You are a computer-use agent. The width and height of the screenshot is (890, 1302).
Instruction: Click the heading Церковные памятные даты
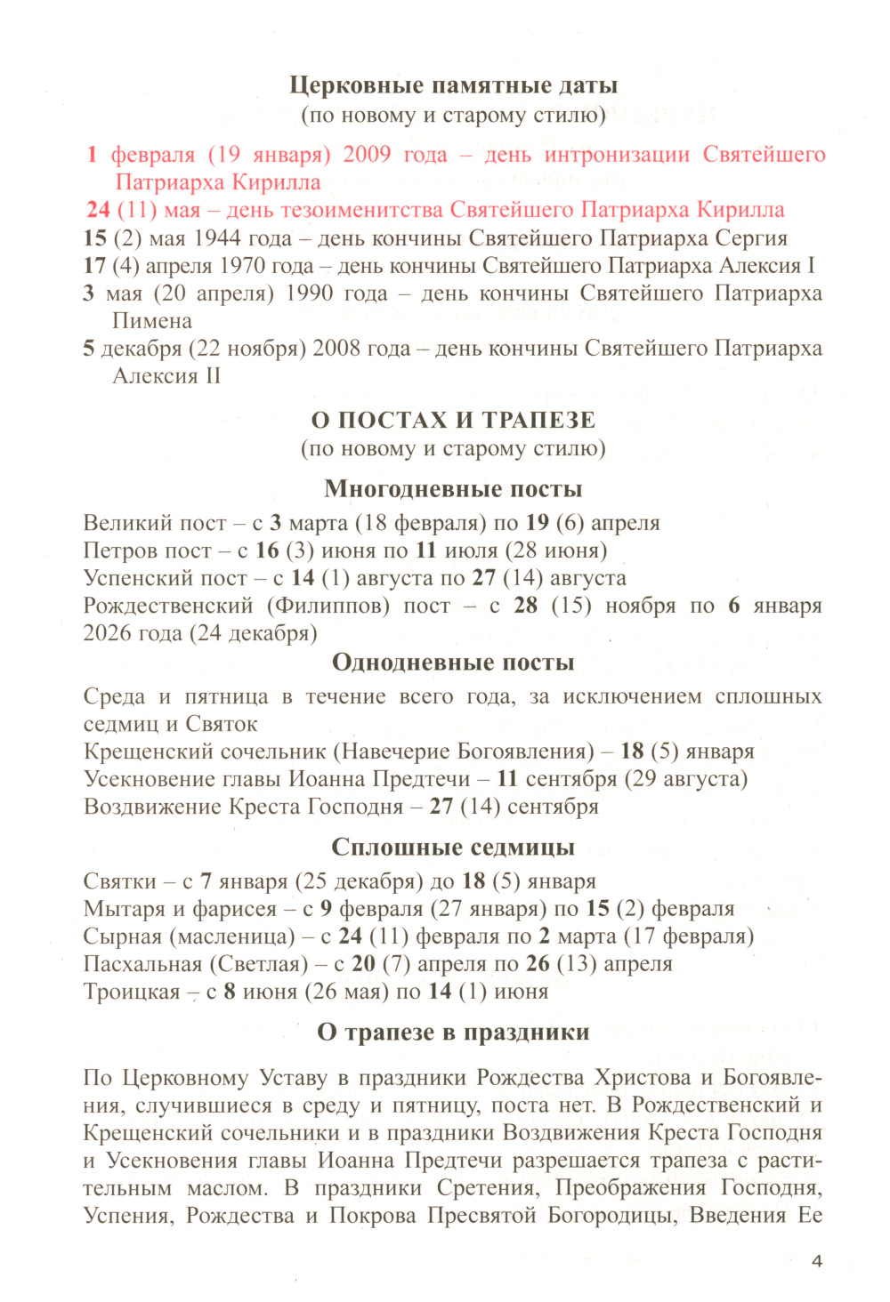point(453,85)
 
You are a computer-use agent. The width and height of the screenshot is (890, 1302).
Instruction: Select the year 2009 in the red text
point(367,155)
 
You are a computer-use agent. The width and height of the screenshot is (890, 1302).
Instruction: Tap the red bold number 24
point(98,210)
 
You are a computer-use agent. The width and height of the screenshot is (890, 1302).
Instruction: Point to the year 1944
point(217,238)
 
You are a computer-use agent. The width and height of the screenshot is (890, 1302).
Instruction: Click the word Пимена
point(152,321)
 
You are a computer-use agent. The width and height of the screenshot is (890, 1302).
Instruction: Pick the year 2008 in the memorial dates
point(336,349)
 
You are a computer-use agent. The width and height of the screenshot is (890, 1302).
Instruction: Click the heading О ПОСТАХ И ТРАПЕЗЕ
point(453,420)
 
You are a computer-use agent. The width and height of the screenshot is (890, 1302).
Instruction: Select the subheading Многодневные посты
point(453,489)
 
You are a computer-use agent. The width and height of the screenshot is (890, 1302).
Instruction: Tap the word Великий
point(129,523)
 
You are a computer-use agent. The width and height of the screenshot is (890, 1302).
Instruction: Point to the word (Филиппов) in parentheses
point(325,606)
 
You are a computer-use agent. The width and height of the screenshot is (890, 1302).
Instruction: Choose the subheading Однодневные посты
point(453,663)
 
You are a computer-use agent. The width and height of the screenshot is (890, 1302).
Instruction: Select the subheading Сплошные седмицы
point(453,848)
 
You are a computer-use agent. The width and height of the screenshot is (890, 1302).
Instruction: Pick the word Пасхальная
point(142,964)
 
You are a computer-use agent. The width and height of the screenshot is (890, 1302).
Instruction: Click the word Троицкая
point(132,992)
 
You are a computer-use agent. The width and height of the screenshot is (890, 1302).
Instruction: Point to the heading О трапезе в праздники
point(453,1033)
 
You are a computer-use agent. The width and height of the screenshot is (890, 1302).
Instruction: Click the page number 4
point(817,1261)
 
